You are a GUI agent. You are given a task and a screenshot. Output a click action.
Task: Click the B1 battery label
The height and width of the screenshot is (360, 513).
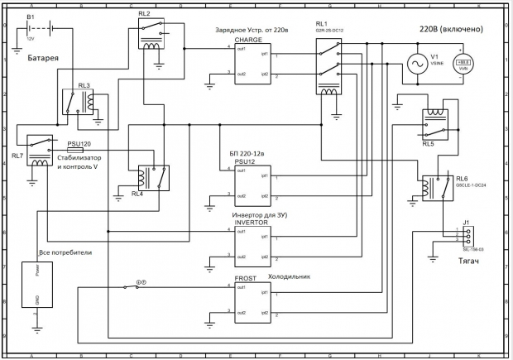(31, 17)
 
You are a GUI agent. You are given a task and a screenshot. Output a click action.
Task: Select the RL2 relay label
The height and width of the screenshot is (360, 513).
(144, 15)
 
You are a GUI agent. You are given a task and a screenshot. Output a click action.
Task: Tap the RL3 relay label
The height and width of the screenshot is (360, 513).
(84, 85)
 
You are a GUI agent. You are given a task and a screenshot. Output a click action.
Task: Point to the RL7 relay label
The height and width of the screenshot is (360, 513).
(17, 155)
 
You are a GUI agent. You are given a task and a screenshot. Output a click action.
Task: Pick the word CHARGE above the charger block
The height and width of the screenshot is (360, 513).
(248, 39)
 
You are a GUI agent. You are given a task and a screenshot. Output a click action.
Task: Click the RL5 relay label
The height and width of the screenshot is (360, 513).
(428, 143)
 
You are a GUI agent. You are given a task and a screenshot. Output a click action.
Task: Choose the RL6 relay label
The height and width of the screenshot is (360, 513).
(462, 178)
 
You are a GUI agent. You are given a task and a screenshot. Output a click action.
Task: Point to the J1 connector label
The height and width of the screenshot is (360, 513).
(467, 223)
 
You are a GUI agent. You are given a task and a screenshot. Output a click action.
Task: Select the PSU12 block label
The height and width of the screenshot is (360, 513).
(247, 162)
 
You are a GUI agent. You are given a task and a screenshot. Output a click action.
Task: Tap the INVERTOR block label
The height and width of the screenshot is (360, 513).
(252, 223)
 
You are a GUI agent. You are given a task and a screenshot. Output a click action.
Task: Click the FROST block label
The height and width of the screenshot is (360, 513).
(245, 279)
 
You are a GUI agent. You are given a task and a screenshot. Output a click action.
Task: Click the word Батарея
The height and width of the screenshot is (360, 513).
(43, 59)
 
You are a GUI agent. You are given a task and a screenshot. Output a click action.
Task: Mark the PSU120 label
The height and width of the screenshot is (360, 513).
(79, 143)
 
